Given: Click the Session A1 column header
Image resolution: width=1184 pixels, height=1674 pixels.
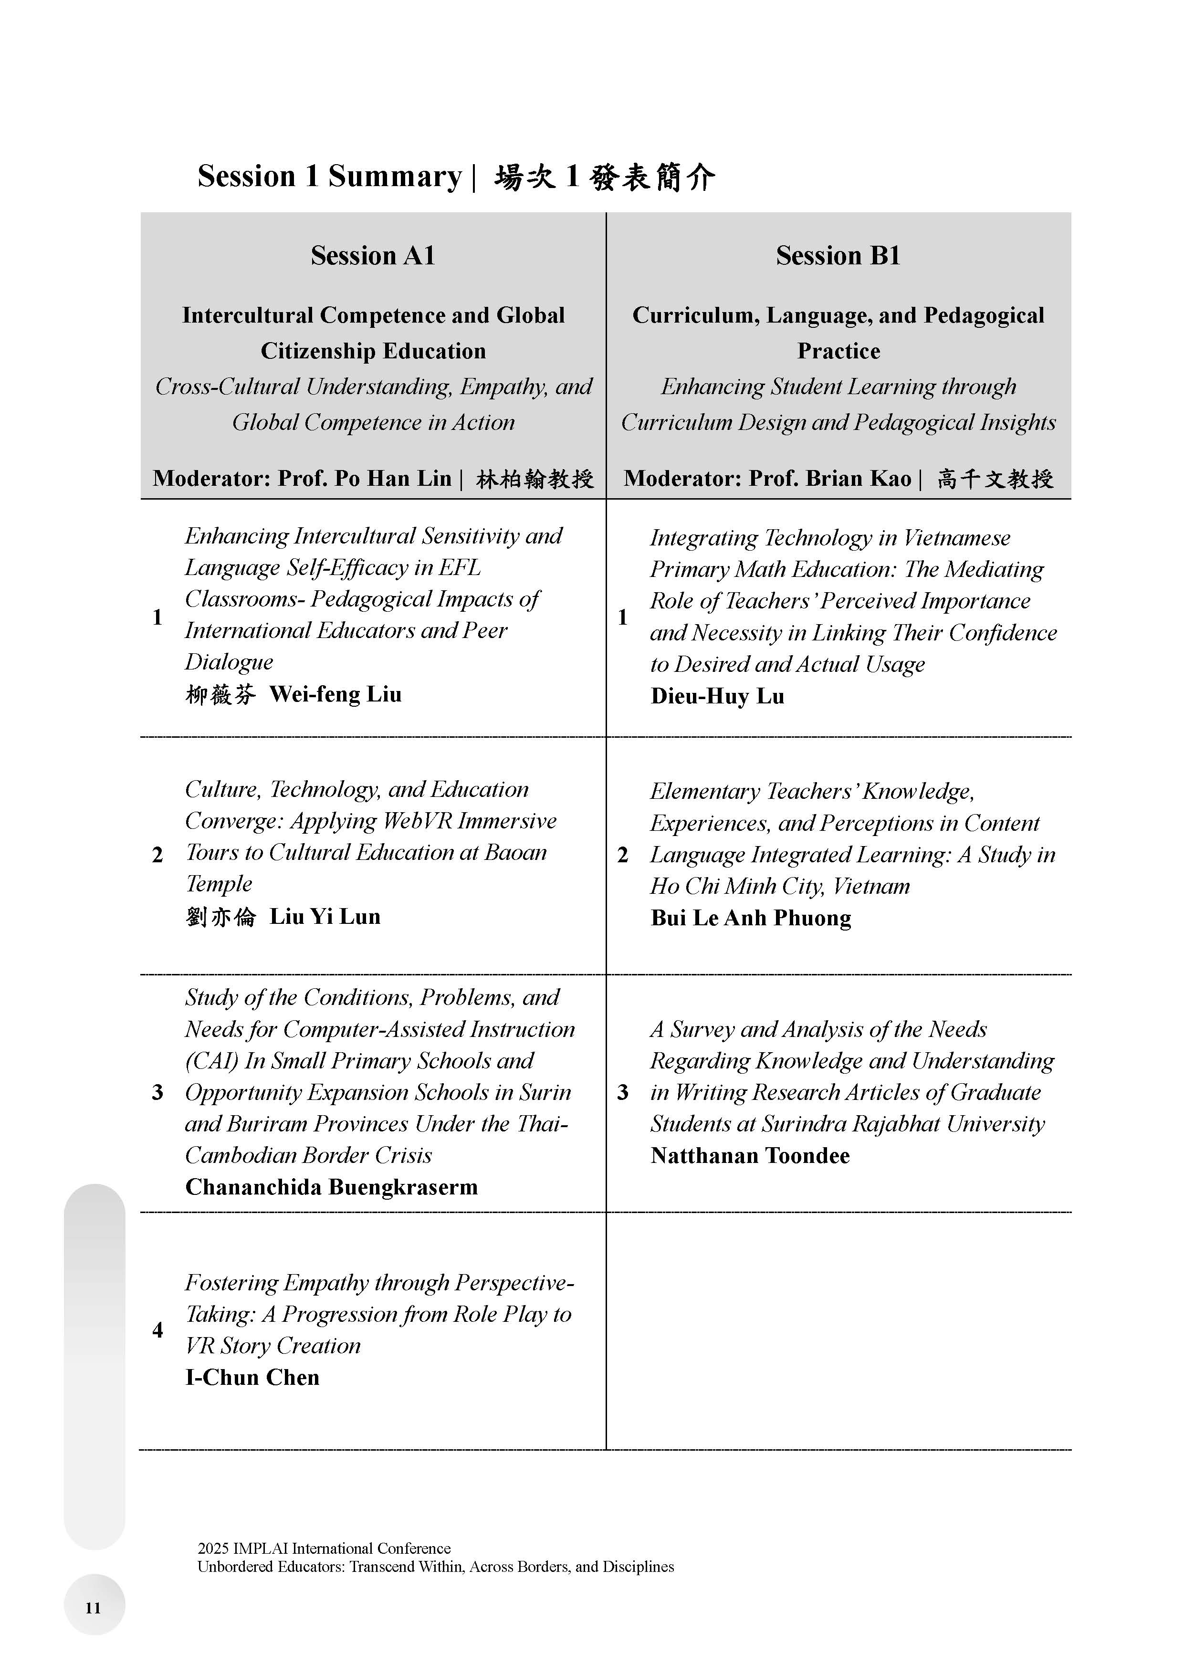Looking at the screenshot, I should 373,255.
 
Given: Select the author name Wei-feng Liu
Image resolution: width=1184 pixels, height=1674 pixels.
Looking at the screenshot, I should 335,694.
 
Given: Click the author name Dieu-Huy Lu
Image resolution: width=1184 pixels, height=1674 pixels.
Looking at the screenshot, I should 717,696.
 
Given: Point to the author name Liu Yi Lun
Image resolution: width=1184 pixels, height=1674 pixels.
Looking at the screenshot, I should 325,917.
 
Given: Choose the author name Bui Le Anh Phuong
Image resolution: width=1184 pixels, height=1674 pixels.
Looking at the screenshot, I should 751,918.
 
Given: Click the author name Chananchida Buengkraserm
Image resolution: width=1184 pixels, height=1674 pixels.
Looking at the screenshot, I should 332,1187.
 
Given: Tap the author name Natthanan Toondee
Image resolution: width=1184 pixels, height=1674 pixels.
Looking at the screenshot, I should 750,1156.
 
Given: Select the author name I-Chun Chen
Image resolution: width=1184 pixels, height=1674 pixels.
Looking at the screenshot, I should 252,1377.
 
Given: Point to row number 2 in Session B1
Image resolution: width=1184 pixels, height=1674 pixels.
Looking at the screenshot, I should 623,855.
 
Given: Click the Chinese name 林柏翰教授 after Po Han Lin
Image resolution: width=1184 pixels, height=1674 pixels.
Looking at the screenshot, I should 534,479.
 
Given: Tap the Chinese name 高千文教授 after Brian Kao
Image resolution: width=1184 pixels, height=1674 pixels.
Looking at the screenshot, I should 995,479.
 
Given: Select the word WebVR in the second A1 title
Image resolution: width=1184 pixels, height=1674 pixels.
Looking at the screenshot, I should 418,821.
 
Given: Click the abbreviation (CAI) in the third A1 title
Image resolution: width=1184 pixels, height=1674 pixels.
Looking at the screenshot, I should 211,1061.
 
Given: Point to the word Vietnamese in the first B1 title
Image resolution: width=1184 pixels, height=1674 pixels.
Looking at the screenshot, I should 956,538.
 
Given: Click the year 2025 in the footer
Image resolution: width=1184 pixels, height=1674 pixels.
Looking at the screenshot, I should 213,1548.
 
